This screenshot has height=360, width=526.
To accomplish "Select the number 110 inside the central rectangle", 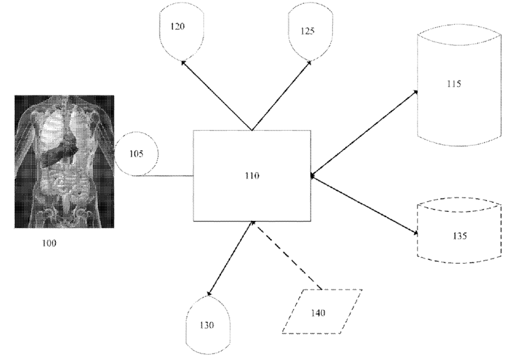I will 252,175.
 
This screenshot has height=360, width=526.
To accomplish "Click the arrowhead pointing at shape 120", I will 185,62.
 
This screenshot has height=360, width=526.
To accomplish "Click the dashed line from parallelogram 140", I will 289,257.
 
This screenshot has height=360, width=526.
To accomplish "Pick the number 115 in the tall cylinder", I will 454,85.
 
